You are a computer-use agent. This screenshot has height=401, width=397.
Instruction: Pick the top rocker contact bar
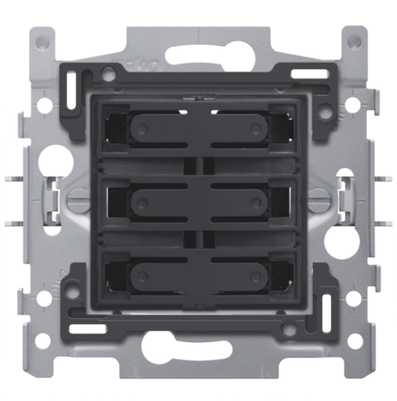(198, 128)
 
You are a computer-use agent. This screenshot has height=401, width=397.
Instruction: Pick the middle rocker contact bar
(198, 200)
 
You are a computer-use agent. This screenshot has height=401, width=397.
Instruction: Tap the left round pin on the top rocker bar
(141, 128)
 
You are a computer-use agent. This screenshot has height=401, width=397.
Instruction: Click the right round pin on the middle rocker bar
(255, 200)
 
